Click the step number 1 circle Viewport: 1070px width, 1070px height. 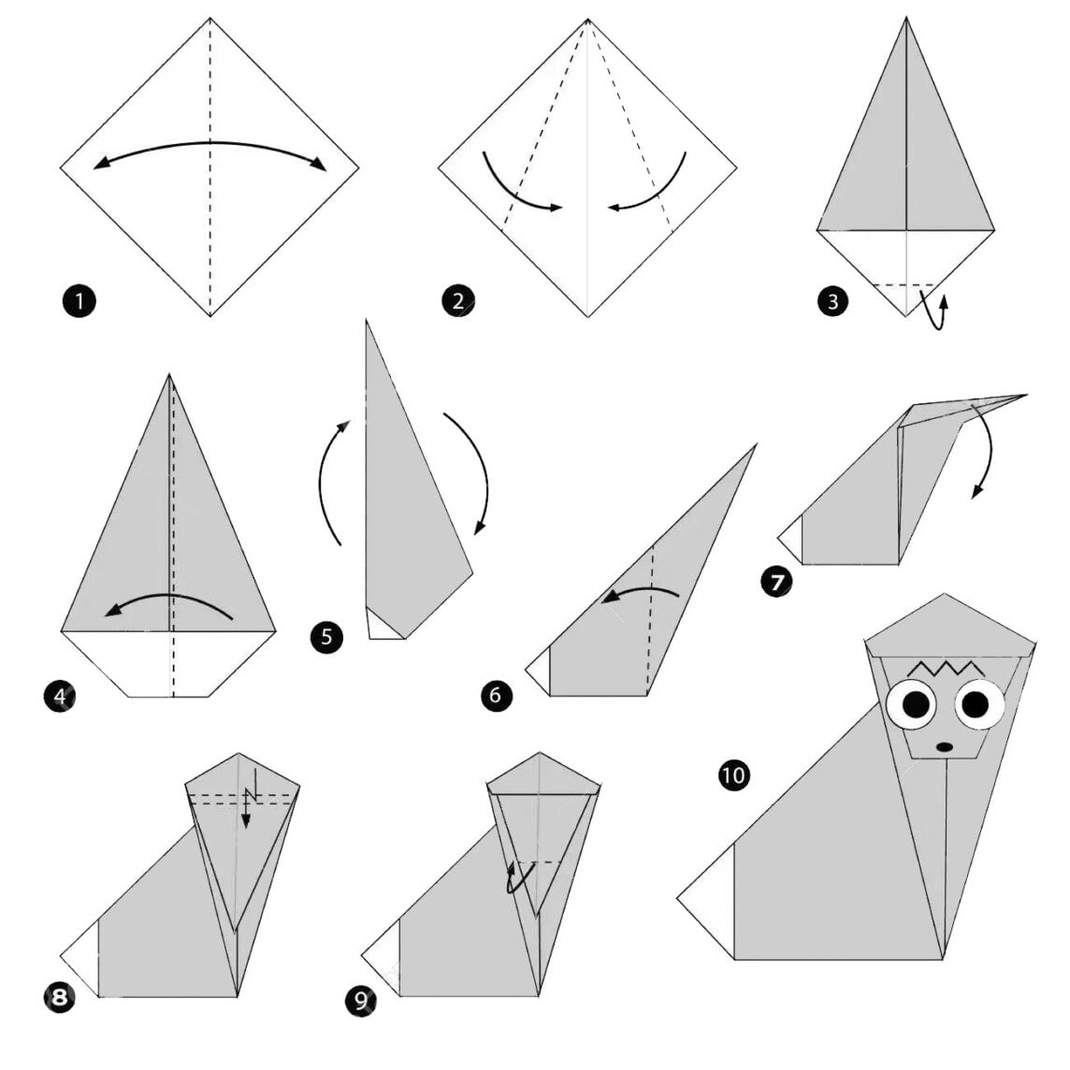click(80, 301)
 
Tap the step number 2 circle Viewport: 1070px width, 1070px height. click(458, 301)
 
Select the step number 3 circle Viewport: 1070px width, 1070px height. click(832, 301)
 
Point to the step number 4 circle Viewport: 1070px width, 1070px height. click(60, 696)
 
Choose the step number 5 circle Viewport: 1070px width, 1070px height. click(326, 637)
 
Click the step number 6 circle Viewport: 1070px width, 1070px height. click(496, 695)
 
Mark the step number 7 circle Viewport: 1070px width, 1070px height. click(776, 582)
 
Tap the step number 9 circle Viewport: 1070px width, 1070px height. click(361, 1001)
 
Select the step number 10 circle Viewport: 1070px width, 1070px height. click(733, 775)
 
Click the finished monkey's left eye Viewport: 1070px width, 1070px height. click(912, 705)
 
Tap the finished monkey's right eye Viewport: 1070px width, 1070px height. click(979, 703)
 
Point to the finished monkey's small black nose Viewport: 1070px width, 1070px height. click(944, 747)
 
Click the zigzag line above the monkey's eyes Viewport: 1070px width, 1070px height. click(945, 667)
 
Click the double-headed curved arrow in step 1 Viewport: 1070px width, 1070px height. click(210, 143)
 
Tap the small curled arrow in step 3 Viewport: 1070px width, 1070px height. click(936, 311)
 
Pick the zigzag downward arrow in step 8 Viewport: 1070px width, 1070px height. click(249, 797)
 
